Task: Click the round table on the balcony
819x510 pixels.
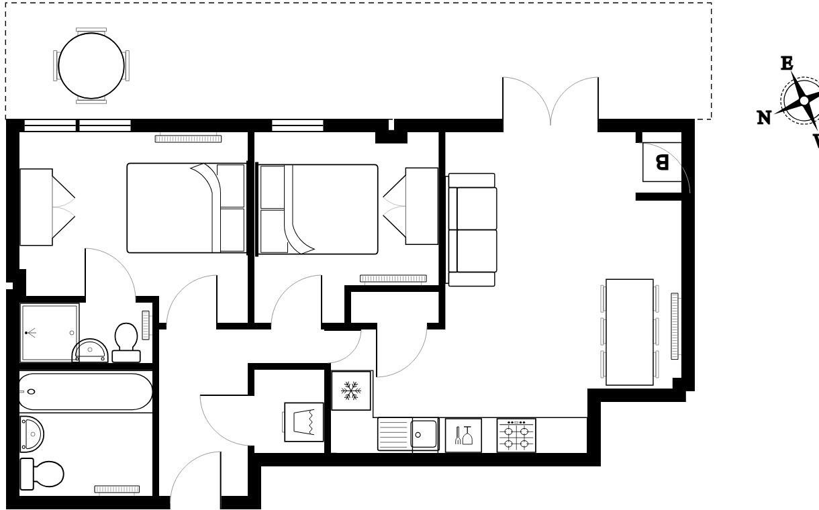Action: click(x=91, y=66)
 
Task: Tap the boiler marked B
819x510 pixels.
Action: click(x=662, y=162)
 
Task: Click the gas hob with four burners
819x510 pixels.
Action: click(x=516, y=436)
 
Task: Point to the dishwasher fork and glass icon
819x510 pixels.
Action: click(x=463, y=436)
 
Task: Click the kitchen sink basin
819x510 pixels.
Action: click(x=424, y=435)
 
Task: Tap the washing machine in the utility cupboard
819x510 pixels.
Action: click(x=303, y=421)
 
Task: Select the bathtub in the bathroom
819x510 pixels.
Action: click(x=85, y=391)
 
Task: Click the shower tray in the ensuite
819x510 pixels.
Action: click(x=50, y=332)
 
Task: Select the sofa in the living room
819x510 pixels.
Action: click(x=472, y=229)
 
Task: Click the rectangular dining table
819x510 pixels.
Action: click(x=629, y=332)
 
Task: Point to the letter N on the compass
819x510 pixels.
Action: click(x=764, y=118)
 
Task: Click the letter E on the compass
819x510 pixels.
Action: click(x=786, y=64)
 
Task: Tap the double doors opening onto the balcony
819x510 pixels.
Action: click(x=550, y=101)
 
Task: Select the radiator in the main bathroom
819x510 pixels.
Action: click(x=116, y=489)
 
